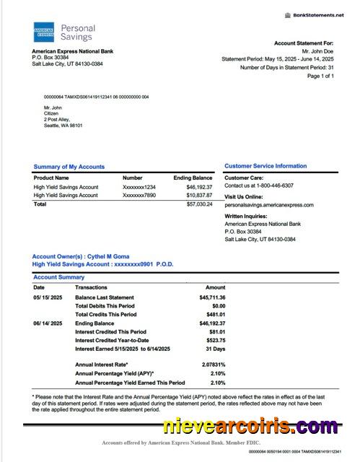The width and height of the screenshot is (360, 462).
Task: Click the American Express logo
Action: pos(43,32)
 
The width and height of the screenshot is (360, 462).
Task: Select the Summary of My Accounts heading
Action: pos(69,167)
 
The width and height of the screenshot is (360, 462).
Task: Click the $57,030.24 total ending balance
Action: pos(199,204)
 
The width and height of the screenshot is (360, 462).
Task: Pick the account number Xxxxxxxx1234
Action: pos(139,187)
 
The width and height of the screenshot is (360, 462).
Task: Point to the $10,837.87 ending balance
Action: pos(199,196)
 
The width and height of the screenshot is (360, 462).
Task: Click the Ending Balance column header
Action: pos(193,178)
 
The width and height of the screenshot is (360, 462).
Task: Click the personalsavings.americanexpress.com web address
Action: pos(268,205)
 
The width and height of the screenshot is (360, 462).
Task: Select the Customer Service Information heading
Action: pos(265,166)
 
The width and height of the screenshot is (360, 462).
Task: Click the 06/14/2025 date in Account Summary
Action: pos(48,323)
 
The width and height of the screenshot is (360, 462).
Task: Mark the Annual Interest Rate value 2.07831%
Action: pos(212,364)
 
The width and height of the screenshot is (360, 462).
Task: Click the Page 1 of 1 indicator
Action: pos(320,76)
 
